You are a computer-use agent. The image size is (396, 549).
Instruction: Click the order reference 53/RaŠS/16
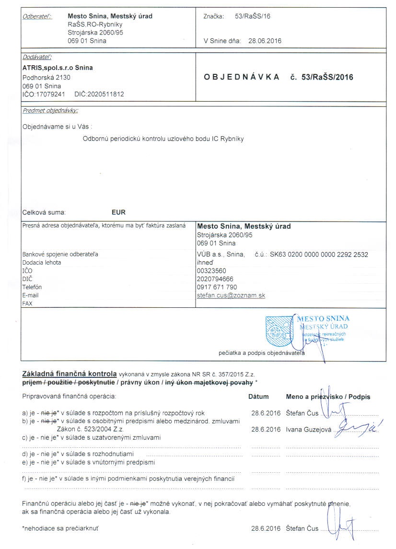[253, 16]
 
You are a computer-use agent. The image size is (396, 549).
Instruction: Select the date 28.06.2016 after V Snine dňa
[265, 41]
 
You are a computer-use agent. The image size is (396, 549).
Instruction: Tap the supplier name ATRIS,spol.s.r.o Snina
[58, 68]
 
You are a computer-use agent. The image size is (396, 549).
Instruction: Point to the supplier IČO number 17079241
[47, 94]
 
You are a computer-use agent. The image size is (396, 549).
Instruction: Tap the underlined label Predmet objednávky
[50, 111]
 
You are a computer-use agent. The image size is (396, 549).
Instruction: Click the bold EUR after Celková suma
[118, 212]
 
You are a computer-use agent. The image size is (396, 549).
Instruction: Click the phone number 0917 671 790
[217, 287]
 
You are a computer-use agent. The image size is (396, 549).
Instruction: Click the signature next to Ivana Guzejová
[355, 426]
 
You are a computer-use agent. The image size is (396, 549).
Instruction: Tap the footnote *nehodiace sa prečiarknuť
[61, 529]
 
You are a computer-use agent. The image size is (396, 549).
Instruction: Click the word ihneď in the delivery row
[205, 263]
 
